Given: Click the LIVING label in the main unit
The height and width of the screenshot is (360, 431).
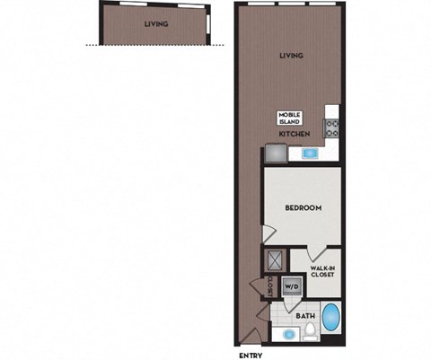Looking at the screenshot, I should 291,56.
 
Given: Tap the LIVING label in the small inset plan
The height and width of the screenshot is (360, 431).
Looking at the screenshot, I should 156,24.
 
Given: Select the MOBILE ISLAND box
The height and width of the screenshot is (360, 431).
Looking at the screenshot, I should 289,118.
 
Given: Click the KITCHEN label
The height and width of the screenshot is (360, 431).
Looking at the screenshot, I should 294,134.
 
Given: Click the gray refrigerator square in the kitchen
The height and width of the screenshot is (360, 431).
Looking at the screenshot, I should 274,153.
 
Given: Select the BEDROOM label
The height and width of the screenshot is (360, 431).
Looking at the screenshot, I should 303,207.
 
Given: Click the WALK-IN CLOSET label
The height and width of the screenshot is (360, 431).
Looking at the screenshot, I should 322,272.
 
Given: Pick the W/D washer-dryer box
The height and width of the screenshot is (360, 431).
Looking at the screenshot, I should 291,287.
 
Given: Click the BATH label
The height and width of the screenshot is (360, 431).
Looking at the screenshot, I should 305,315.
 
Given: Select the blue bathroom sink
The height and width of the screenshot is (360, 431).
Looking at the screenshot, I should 288,335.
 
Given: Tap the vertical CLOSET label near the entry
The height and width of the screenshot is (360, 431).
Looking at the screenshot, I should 271,285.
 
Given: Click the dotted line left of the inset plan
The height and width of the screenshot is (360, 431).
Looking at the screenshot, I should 91,45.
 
